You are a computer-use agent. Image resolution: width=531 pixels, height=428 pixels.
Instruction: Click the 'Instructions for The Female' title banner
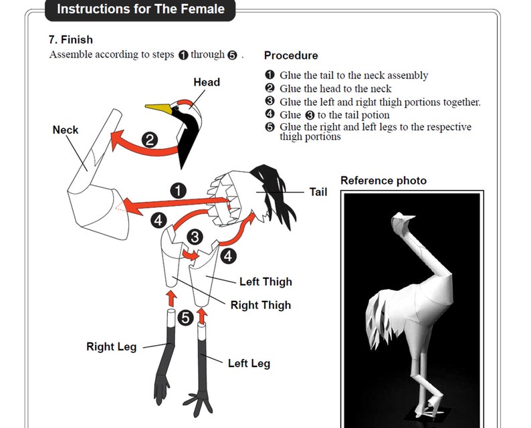click(x=140, y=9)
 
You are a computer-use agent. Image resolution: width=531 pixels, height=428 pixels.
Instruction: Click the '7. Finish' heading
click(x=71, y=39)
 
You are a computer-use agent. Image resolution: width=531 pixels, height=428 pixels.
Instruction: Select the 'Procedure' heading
click(x=291, y=56)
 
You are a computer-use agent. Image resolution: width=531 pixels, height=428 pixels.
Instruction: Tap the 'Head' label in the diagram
click(x=207, y=82)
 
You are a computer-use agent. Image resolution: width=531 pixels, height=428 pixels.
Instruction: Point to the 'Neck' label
click(x=66, y=130)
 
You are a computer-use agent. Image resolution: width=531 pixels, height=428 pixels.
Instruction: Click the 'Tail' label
click(x=318, y=192)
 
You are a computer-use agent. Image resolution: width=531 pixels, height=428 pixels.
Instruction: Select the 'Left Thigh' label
click(x=266, y=282)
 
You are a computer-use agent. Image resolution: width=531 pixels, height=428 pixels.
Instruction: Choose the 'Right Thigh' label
click(x=261, y=305)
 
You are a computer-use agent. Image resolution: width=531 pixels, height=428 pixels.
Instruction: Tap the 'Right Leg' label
click(x=112, y=346)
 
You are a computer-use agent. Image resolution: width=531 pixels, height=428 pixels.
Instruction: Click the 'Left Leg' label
click(x=249, y=364)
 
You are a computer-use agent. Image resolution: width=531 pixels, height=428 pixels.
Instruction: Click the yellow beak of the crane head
click(x=158, y=108)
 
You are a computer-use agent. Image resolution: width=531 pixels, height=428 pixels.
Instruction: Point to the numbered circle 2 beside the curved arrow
click(x=150, y=140)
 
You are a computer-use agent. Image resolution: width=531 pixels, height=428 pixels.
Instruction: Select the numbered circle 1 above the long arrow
click(x=178, y=191)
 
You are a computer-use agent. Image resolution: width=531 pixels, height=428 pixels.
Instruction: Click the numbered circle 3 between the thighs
click(x=195, y=237)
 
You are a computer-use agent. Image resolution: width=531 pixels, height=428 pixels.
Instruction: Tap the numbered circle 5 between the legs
click(x=185, y=318)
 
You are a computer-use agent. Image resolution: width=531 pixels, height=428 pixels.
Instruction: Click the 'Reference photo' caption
click(x=383, y=181)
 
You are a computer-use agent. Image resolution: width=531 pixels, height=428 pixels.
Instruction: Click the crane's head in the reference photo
click(x=401, y=221)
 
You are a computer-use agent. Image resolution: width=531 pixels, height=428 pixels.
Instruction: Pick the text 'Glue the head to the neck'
click(x=335, y=89)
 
